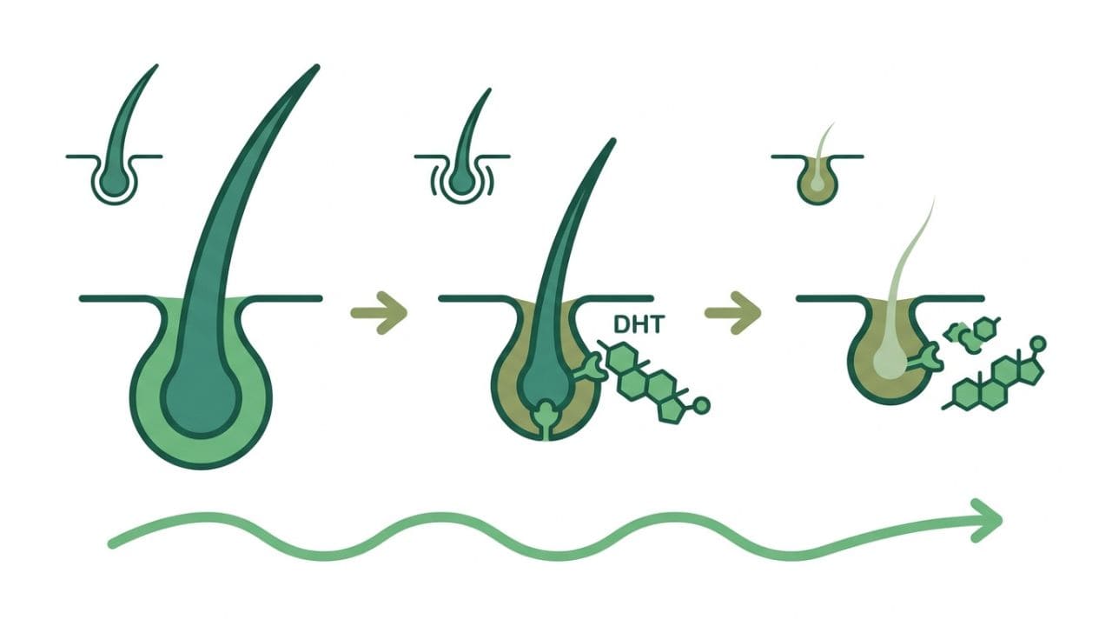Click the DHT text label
638,324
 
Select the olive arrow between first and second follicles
380,313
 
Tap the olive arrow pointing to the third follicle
732,313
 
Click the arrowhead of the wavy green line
988,520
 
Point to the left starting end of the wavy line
112,544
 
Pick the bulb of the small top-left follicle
114,182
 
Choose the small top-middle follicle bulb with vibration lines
463,182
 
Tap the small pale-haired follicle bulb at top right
817,183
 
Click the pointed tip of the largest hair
316,67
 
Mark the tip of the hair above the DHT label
613,141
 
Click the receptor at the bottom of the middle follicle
546,420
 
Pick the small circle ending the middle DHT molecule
701,405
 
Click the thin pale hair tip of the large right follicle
934,199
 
